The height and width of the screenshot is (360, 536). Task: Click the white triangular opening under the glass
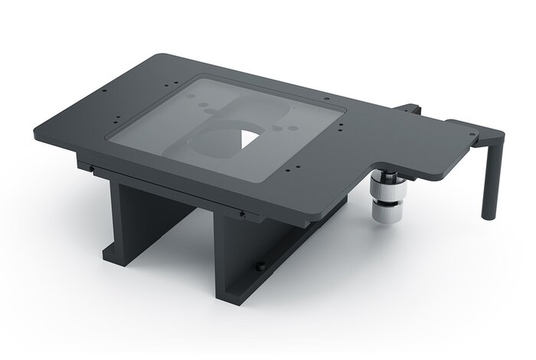click(x=248, y=140)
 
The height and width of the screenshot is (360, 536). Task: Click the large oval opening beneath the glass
click(x=222, y=141)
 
